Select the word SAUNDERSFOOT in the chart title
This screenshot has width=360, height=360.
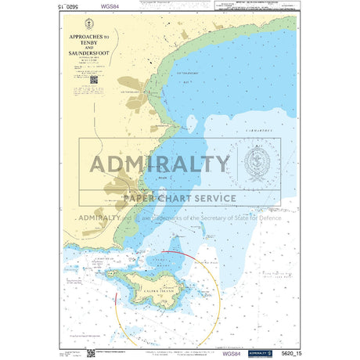tap(92, 52)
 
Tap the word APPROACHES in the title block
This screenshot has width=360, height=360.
tap(89, 37)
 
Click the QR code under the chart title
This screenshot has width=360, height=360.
tap(94, 79)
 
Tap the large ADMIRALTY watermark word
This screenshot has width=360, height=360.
tap(161, 164)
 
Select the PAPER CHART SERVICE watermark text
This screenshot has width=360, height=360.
tap(179, 198)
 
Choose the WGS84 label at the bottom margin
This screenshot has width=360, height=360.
tap(232, 354)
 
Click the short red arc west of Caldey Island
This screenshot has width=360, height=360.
tap(117, 298)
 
